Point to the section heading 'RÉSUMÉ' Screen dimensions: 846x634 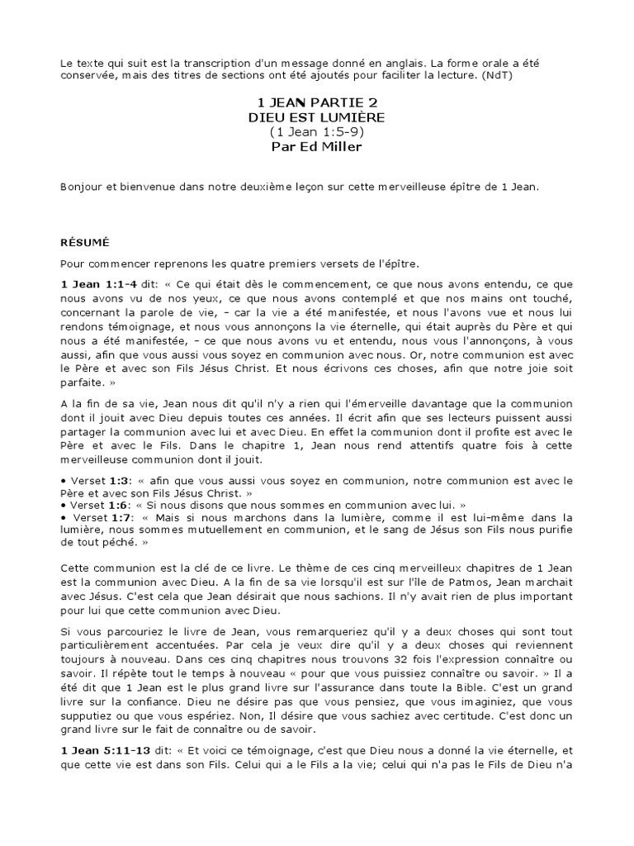(86, 243)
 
